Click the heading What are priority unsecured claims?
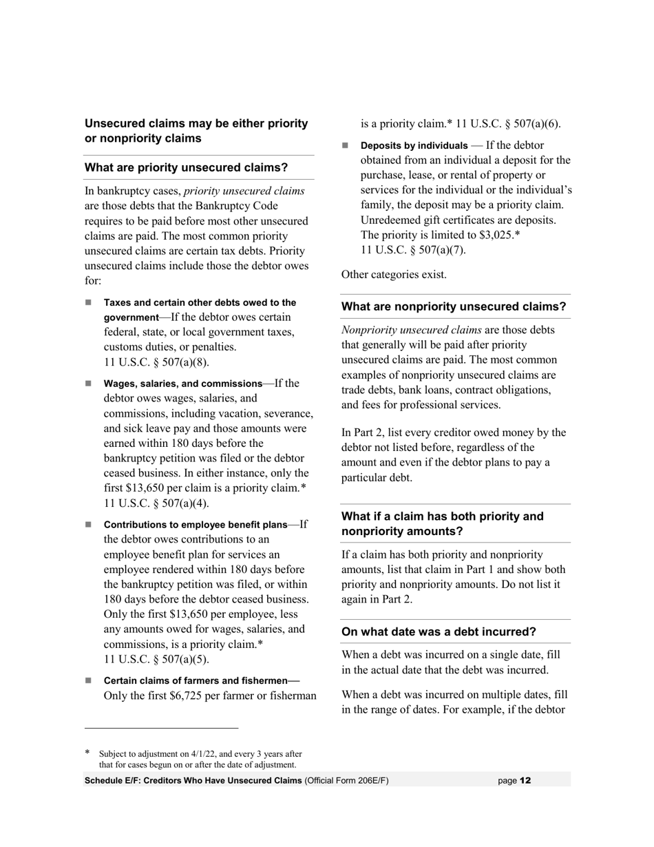coord(186,167)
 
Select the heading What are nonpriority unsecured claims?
coord(454,306)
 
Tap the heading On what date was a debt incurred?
coord(439,631)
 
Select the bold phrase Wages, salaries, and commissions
coord(182,384)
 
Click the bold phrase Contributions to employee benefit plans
coord(195,525)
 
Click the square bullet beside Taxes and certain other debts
coord(88,302)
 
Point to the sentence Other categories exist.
coord(394,274)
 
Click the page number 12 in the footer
coord(525,780)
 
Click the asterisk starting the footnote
coord(87,753)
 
